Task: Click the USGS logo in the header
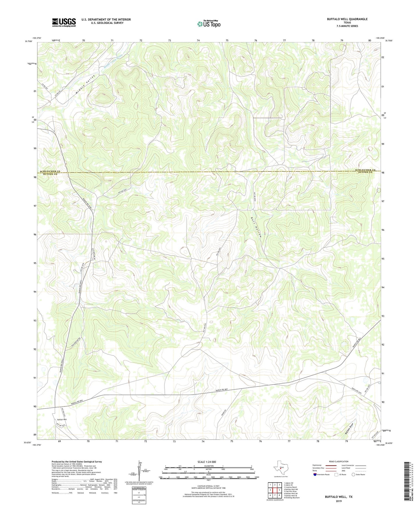click(64, 22)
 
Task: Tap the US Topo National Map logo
click(209, 24)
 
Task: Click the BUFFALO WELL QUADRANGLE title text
click(347, 19)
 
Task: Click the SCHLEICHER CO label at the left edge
click(50, 171)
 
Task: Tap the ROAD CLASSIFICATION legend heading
click(339, 461)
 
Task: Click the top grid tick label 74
click(198, 40)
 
